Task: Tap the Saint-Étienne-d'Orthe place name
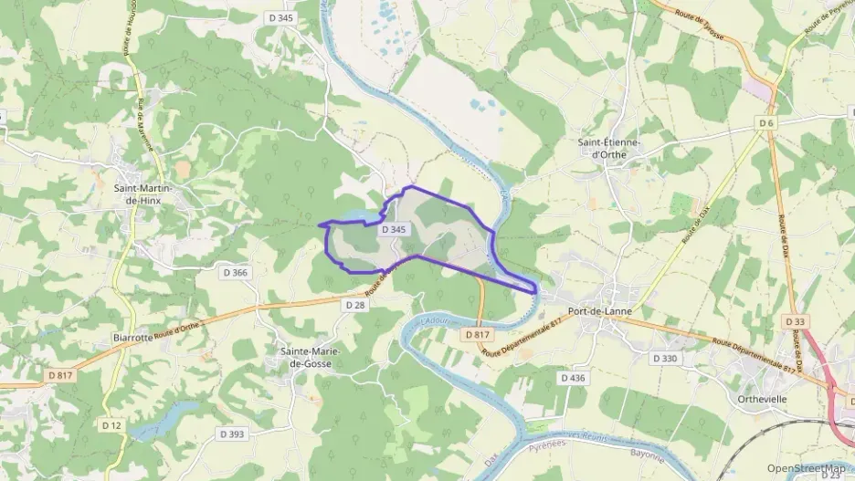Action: point(609,148)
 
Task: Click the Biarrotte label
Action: point(132,337)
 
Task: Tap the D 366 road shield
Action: point(235,272)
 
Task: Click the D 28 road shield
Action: point(354,305)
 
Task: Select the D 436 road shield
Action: point(573,377)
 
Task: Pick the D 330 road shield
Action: point(665,359)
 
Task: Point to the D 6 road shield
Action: point(765,122)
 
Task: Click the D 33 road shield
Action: point(795,322)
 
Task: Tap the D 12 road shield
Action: point(111,425)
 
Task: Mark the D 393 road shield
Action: point(232,434)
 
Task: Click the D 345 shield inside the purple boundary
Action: point(393,230)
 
